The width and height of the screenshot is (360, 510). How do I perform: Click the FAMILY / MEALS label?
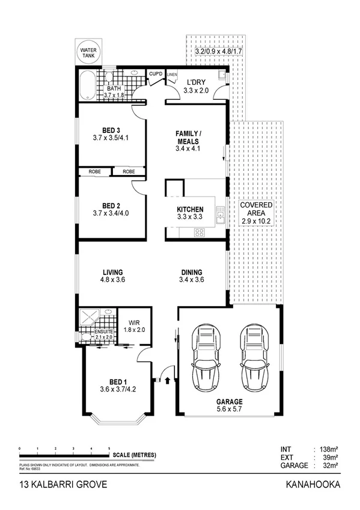[x=188, y=137]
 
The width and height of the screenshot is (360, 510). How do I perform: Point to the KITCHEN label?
[x=190, y=209]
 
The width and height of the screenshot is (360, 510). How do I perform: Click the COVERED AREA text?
[x=256, y=209]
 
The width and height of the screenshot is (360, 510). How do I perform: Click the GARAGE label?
[x=229, y=402]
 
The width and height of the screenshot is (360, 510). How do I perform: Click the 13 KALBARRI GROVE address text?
[x=49, y=484]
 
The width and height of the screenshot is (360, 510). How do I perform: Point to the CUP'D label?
[x=156, y=74]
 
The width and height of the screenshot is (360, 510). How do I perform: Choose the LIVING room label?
[x=112, y=272]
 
